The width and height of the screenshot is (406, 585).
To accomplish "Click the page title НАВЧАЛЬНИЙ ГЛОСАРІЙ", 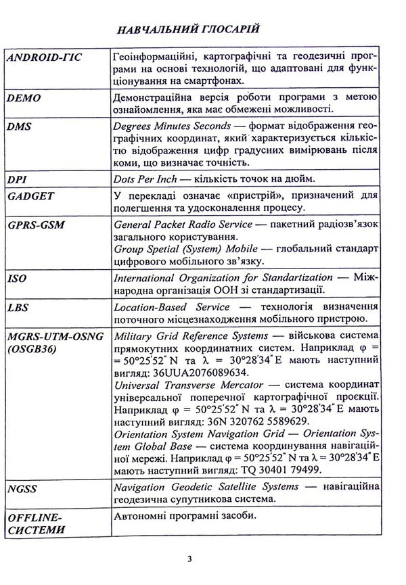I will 202,30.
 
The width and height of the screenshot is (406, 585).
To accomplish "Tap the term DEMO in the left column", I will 24,99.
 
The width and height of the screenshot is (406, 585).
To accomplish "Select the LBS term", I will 18,306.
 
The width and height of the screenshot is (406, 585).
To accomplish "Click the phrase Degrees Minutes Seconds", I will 168,126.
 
